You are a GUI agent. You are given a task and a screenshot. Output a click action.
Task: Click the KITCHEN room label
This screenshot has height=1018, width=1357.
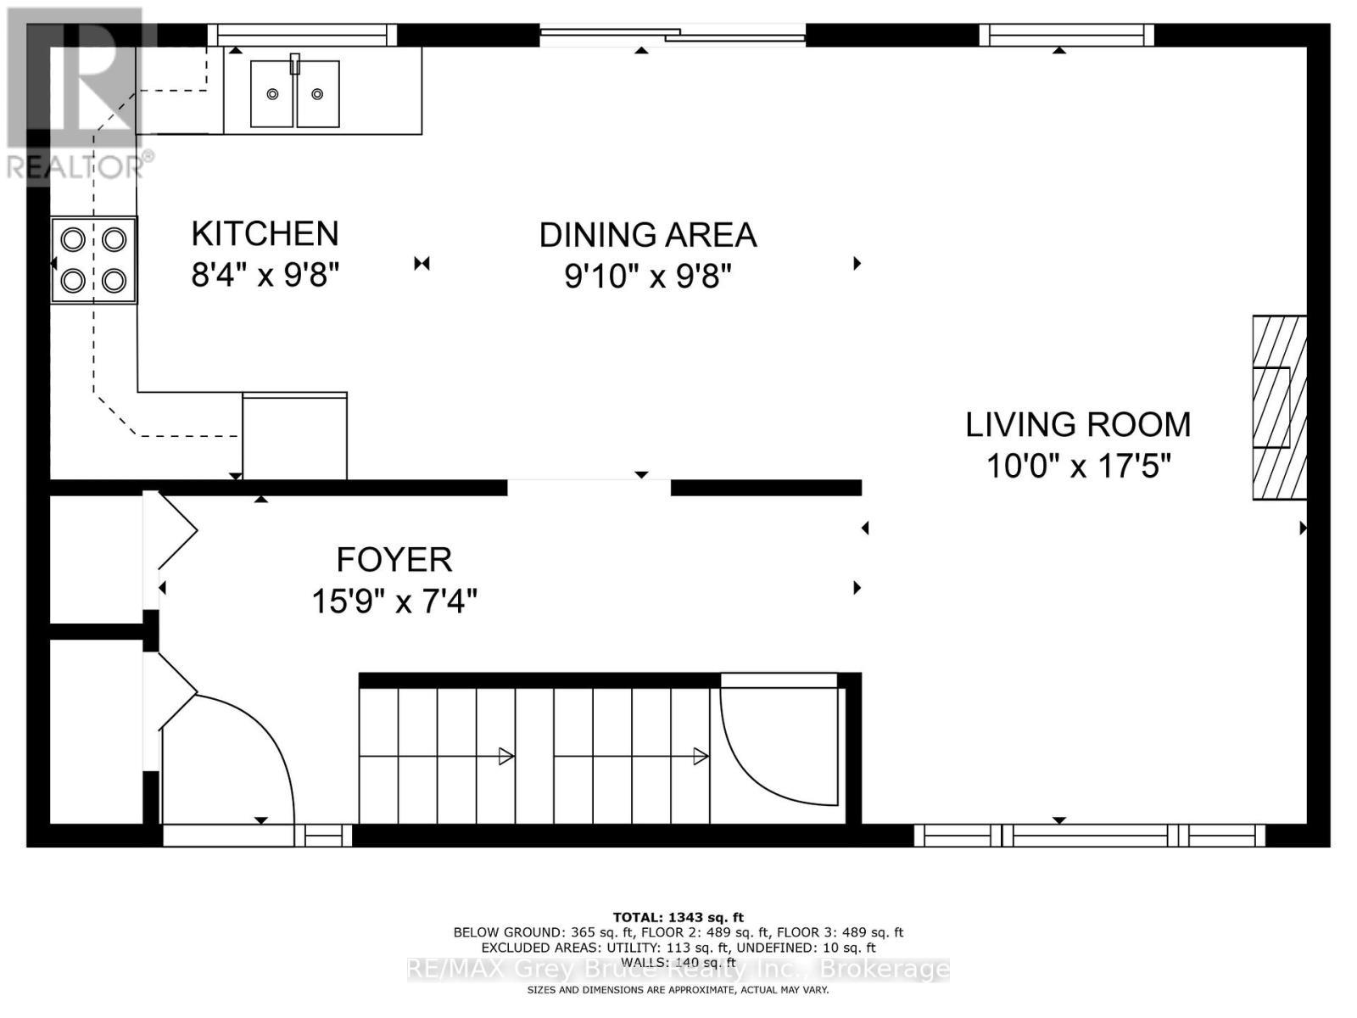(x=265, y=233)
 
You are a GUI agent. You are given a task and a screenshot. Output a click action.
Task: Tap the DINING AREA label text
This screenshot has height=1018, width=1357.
(x=648, y=235)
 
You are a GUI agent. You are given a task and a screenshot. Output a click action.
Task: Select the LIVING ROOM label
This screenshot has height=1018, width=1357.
(x=1078, y=424)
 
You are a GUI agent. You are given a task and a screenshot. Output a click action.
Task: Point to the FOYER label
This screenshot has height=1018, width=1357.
(x=394, y=560)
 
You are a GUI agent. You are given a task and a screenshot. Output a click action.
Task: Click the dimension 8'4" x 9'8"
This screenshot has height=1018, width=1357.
(x=265, y=275)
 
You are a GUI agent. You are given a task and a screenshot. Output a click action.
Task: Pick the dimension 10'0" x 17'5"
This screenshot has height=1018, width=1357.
(x=1078, y=466)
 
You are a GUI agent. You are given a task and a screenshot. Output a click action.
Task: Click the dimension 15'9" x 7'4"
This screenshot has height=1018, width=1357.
(x=394, y=601)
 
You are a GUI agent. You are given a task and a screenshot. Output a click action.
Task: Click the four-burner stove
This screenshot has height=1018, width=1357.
(x=93, y=260)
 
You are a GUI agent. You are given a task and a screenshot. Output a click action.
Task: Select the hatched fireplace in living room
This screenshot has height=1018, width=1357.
(x=1279, y=407)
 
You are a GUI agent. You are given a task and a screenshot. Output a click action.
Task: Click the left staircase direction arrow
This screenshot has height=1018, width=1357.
(x=505, y=756)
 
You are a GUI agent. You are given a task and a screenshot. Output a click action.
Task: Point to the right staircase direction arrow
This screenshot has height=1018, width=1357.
(x=700, y=756)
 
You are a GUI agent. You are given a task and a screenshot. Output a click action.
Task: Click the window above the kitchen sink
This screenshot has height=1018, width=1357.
(x=303, y=35)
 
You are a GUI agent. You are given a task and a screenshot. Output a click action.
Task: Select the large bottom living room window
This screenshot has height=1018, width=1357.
(x=1090, y=836)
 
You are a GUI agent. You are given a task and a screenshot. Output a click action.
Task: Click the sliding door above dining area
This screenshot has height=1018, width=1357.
(x=673, y=35)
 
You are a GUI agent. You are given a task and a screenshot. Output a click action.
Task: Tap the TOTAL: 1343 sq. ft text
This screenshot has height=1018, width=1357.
(x=678, y=917)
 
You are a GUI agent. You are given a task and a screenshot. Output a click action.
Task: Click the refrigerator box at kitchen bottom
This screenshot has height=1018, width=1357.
(x=294, y=436)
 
